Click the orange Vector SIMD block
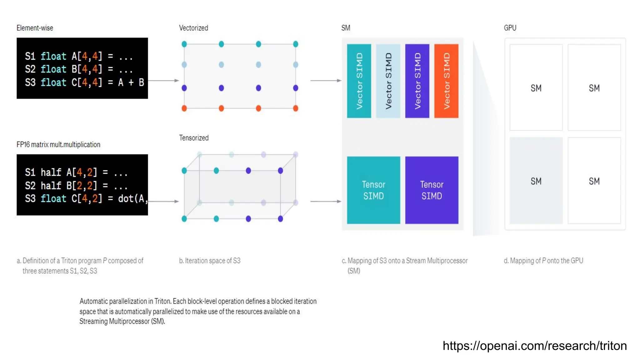446,81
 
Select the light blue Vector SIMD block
388,81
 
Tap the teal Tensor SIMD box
373,190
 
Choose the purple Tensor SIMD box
432,190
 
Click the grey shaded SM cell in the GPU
536,181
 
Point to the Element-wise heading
35,28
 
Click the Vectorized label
193,28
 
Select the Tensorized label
194,138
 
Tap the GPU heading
510,28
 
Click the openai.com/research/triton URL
535,346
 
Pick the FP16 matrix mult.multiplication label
58,144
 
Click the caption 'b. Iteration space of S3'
210,261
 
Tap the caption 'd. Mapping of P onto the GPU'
543,261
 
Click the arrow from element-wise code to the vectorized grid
163,81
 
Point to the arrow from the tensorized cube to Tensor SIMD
326,202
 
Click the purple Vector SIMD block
417,81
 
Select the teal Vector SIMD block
359,81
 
